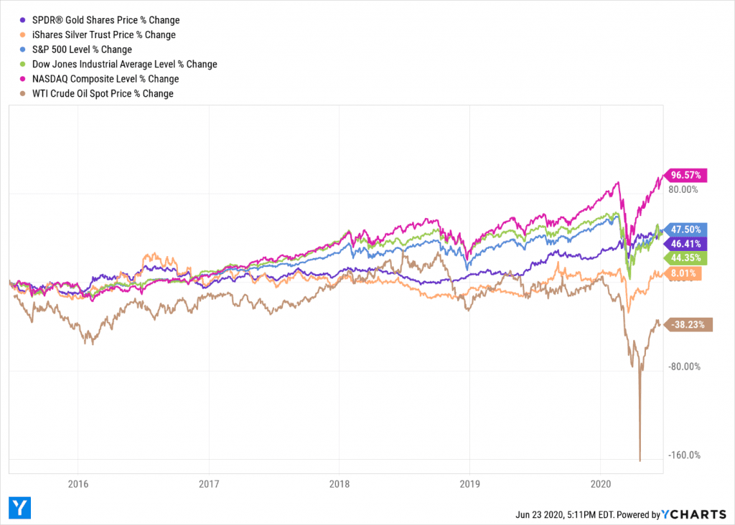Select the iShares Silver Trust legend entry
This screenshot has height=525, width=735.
pos(100,34)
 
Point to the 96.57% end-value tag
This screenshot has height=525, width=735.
pos(688,175)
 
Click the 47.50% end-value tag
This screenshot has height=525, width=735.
pos(688,230)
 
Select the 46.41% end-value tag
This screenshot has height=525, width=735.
pos(688,244)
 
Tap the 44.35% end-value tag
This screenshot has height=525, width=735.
pos(688,258)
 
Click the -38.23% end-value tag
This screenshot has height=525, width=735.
pos(690,324)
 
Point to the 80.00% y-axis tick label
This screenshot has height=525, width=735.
pos(683,189)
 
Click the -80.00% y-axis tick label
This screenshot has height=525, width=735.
pos(683,366)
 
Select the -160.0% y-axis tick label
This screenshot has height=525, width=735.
pos(683,455)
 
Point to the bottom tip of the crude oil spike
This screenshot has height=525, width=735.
pos(640,460)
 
